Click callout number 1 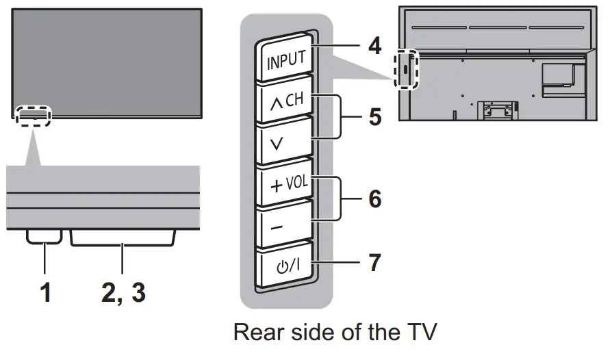click(45, 293)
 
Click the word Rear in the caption click(261, 334)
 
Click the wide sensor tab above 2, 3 click(123, 237)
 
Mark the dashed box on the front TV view click(31, 114)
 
